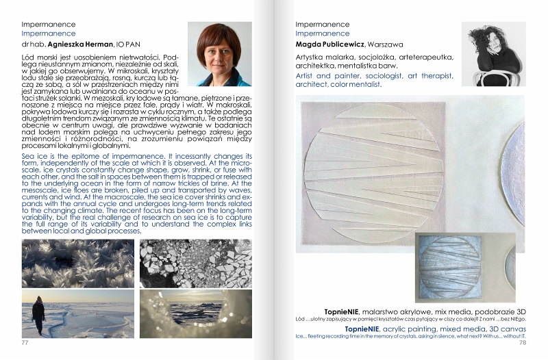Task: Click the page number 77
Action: [25, 342]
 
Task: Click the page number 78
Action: [522, 342]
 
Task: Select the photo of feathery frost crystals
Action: [78, 262]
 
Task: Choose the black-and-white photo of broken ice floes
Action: [186, 262]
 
